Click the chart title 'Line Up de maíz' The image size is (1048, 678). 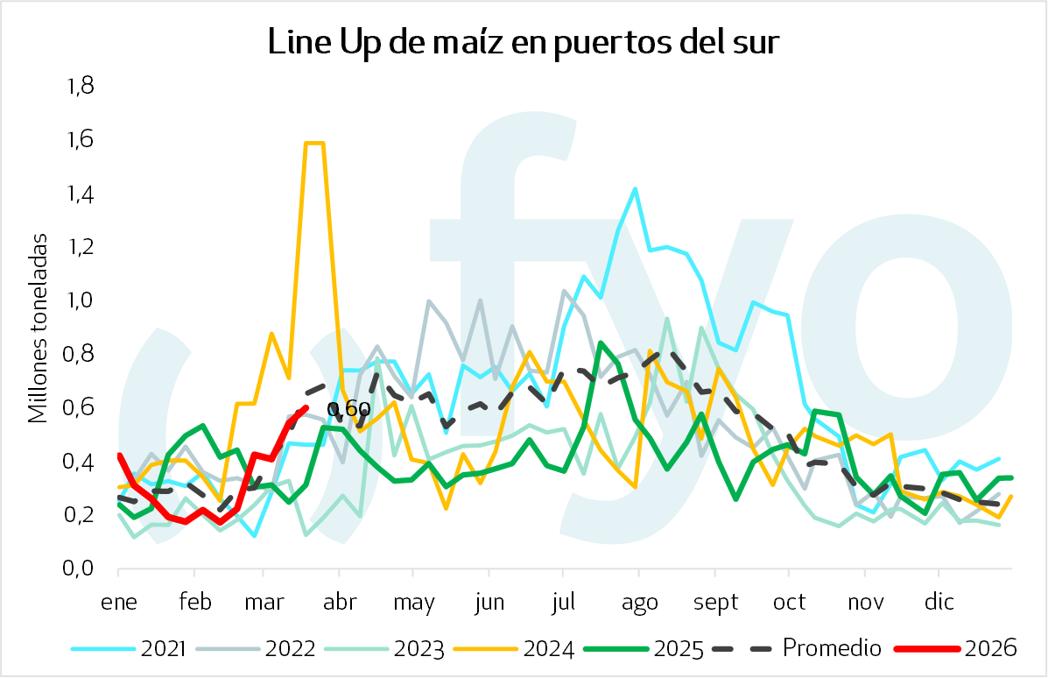tap(523, 42)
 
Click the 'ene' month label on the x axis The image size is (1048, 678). tap(118, 603)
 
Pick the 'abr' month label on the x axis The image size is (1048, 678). tap(340, 603)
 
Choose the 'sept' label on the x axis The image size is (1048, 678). tap(715, 603)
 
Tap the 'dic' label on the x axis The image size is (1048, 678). tap(939, 603)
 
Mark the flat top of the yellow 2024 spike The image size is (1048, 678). tap(314, 143)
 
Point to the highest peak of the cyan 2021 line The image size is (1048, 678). tap(634, 188)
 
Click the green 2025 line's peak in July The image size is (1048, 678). tap(601, 343)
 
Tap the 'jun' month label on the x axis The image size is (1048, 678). tap(489, 603)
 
